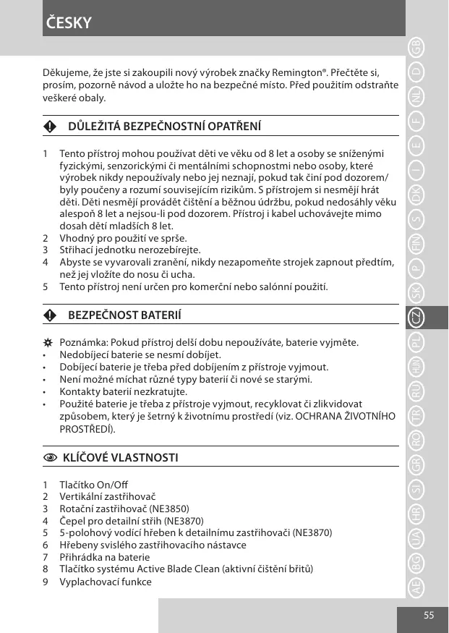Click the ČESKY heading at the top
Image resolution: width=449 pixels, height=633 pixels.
point(68,22)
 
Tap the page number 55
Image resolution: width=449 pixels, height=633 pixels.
point(429,615)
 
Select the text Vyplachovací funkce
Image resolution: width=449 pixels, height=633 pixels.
point(106,582)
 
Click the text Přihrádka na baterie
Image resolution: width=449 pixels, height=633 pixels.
point(104,557)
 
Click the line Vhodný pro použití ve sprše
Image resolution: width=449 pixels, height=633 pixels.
point(123,238)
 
